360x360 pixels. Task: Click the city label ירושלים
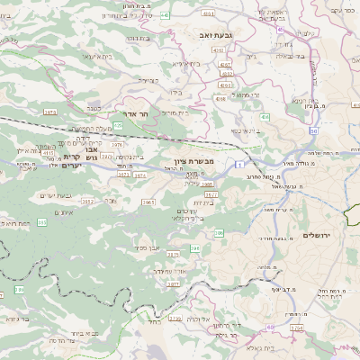(318, 235)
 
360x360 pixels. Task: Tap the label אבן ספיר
(149, 247)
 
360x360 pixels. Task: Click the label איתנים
(63, 211)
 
